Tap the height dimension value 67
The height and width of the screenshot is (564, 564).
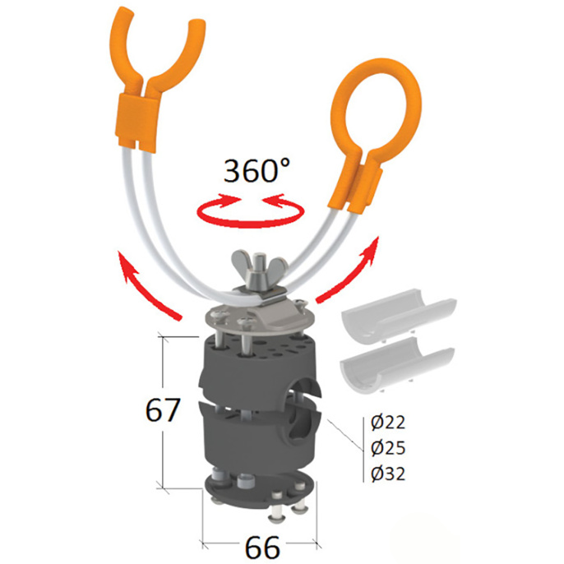(163, 410)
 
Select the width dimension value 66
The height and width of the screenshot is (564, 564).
(262, 547)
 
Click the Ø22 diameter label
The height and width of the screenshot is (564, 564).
(388, 422)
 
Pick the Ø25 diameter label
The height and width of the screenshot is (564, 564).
(388, 448)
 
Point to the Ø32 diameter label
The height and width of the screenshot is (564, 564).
(388, 474)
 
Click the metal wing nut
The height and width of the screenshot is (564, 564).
(259, 268)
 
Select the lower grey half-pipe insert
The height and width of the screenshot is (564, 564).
(397, 365)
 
